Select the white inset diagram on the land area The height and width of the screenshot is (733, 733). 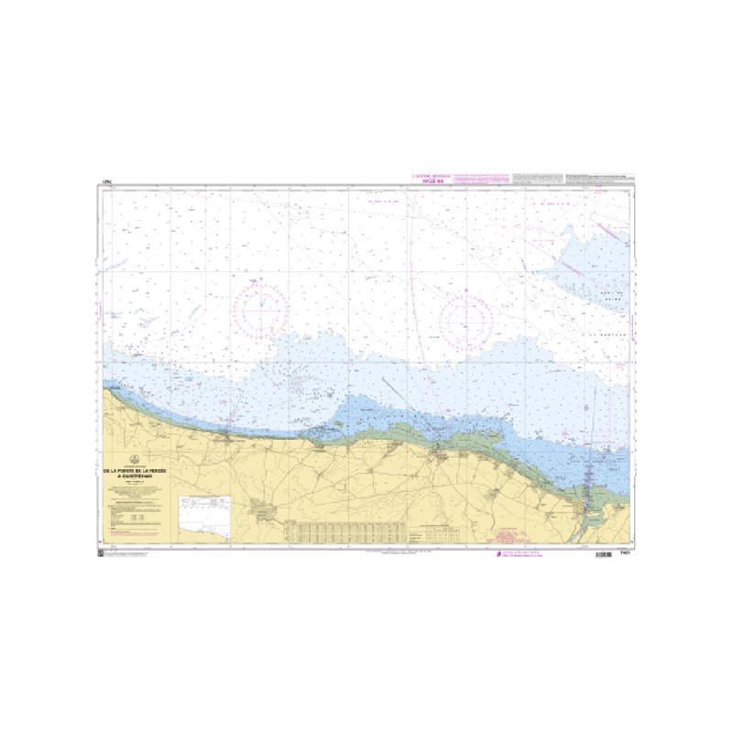click(x=208, y=520)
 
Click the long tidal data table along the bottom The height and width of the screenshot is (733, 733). click(x=343, y=530)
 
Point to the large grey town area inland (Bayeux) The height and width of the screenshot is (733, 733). click(x=263, y=510)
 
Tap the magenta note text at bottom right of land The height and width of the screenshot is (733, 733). click(x=515, y=536)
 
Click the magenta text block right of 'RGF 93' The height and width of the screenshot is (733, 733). click(x=481, y=177)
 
